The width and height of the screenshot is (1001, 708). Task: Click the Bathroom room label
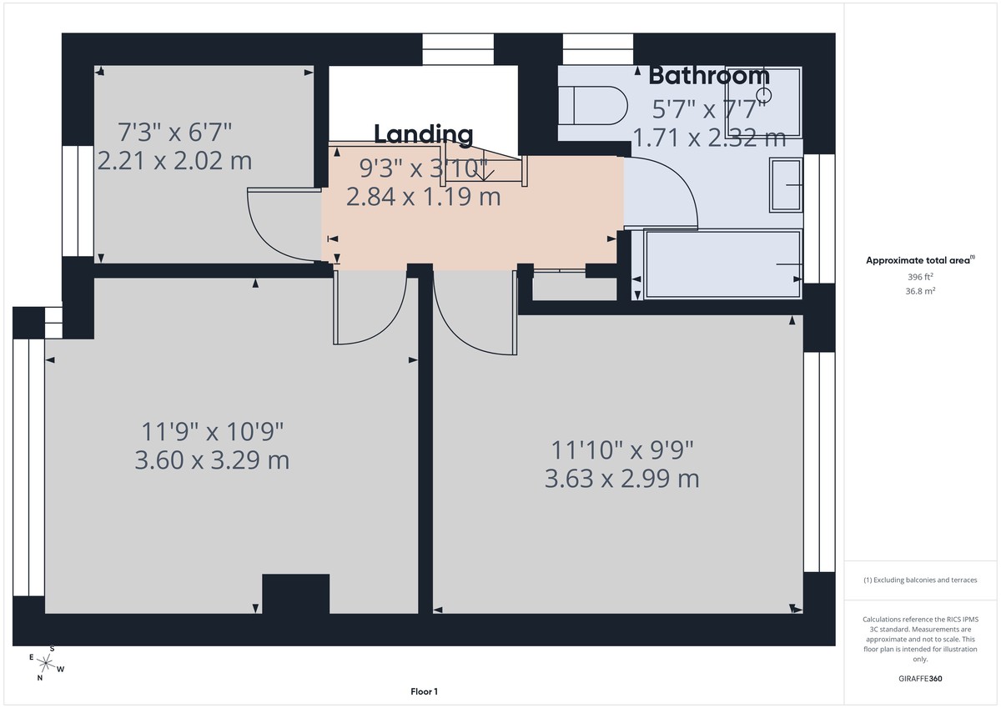(x=709, y=75)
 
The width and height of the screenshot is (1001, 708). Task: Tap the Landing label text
(x=423, y=134)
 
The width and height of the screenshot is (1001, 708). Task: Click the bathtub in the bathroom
(x=722, y=264)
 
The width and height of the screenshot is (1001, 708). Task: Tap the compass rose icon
(x=47, y=664)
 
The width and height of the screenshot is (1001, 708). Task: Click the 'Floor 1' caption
(x=424, y=691)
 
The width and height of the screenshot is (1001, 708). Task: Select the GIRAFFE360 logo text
(x=919, y=679)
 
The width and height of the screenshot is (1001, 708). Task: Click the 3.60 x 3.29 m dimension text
(x=212, y=459)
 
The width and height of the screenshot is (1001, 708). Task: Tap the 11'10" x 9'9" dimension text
(x=621, y=449)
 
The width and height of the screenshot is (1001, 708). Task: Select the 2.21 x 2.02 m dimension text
(x=174, y=160)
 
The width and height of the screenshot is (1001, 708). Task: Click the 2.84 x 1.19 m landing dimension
(x=423, y=198)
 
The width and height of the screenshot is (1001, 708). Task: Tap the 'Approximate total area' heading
(x=918, y=261)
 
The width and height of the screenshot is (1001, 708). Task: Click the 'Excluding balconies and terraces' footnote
(x=919, y=580)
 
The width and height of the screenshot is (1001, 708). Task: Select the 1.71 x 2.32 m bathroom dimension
(x=710, y=138)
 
